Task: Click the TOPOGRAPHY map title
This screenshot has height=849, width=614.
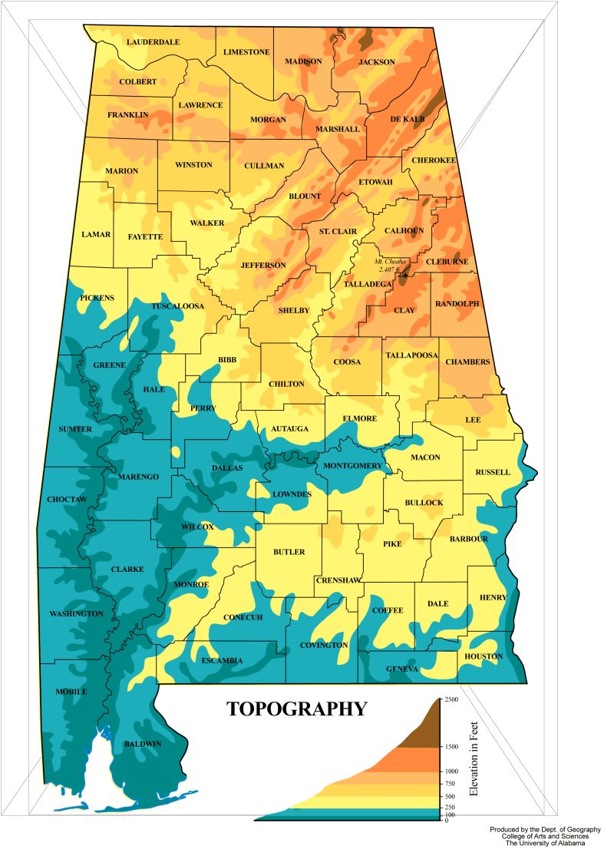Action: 296,709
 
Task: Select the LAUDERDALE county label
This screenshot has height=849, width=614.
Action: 153,41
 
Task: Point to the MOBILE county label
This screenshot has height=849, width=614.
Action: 71,692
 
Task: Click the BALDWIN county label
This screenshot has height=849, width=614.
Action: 143,744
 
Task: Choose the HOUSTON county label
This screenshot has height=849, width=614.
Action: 484,656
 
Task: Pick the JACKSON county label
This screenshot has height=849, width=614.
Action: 377,61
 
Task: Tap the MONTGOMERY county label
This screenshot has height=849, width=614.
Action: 352,466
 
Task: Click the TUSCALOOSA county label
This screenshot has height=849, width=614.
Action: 177,306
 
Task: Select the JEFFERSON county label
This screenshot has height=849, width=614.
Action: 263,265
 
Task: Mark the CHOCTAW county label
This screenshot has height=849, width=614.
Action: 67,500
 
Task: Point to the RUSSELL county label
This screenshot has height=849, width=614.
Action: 492,472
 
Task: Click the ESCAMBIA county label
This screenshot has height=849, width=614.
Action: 222,660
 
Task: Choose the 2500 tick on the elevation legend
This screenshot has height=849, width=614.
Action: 451,699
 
